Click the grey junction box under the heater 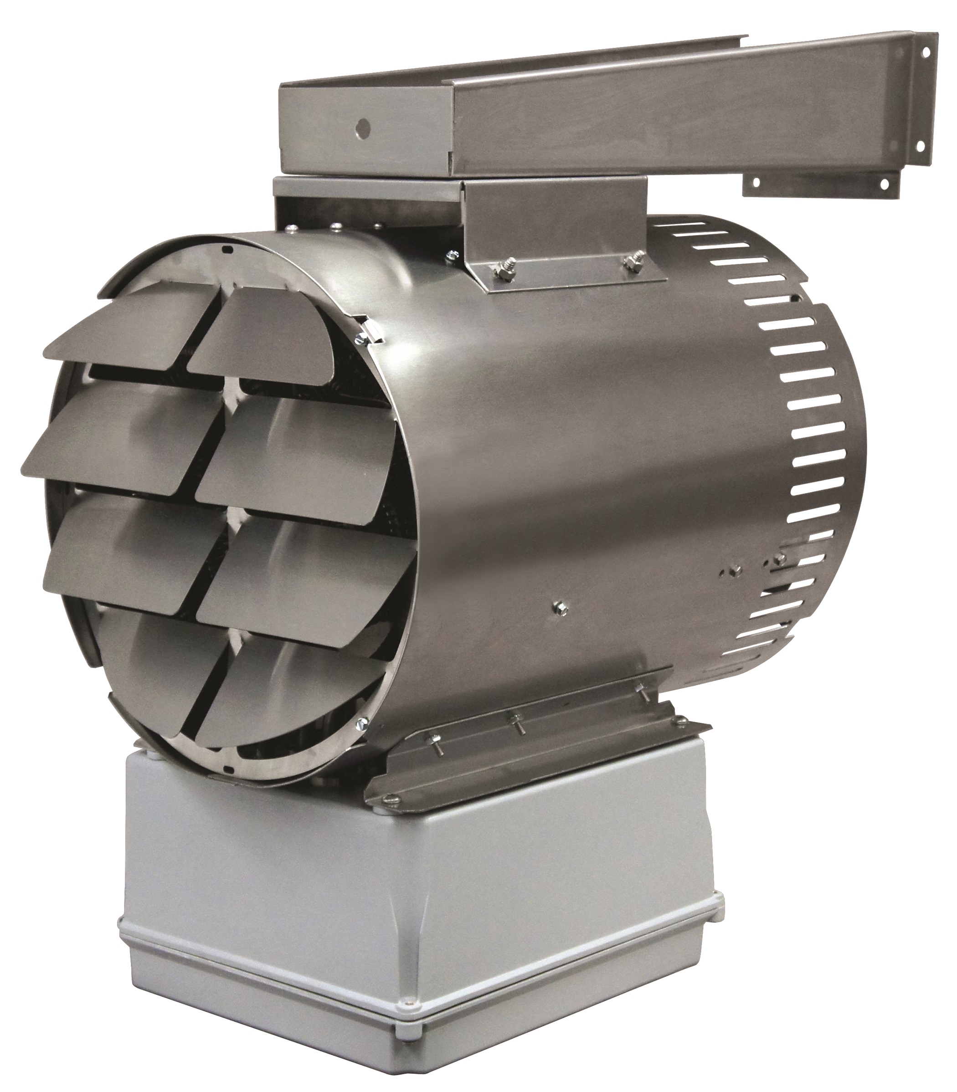[417, 907]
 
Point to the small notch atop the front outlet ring [226, 249]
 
